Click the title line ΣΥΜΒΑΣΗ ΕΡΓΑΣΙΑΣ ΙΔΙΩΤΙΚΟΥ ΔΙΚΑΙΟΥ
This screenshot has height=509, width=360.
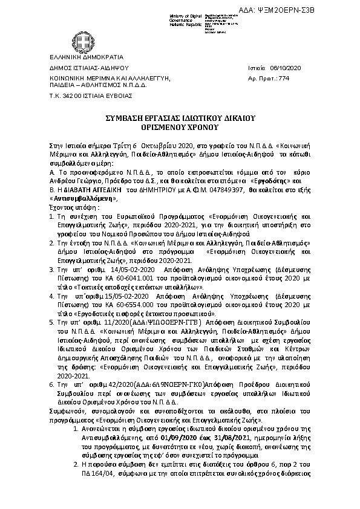tap(180, 121)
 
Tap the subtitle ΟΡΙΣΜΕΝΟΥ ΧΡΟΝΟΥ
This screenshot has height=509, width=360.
tap(180, 129)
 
